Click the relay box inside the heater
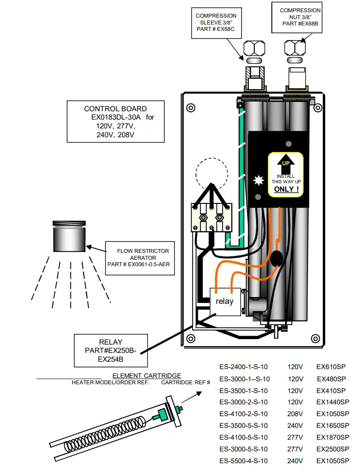(x=225, y=301)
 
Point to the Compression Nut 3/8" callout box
(x=300, y=17)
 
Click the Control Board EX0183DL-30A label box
(x=116, y=122)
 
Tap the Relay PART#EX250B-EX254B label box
(x=111, y=350)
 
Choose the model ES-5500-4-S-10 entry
(x=243, y=461)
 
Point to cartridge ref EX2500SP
(x=333, y=449)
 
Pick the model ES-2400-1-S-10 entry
(x=243, y=367)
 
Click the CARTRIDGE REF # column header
(x=186, y=382)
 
